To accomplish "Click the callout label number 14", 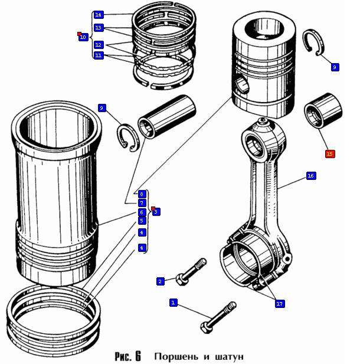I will pos(98,14).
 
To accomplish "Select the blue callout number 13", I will pos(98,28).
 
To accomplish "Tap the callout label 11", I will pos(98,55).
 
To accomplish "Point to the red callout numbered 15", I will pos(329,154).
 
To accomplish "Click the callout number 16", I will pos(311,176).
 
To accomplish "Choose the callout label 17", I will pos(280,303).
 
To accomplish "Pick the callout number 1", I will pos(173,303).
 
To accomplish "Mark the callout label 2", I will pos(159,281).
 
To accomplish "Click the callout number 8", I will pos(142,194).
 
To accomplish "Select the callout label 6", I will pos(142,212).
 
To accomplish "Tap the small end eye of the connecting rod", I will pos(256,142).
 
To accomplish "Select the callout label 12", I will pos(98,45).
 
